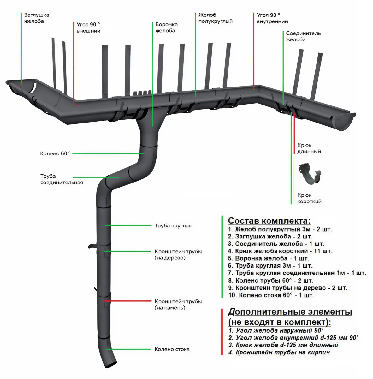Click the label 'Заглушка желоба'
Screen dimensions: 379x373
click(36, 18)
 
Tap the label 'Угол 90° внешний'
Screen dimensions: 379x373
click(88, 27)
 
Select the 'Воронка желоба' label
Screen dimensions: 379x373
click(166, 27)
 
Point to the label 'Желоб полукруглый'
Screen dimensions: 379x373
click(215, 18)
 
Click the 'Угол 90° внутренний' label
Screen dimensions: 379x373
click(272, 18)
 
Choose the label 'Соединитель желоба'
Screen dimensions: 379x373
click(303, 36)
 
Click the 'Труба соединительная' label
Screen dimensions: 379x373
click(61, 179)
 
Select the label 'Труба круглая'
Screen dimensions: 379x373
click(173, 226)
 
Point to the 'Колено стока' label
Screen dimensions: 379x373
click(172, 349)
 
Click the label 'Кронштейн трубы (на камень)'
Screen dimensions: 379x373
click(178, 304)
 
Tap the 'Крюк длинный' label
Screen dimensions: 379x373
click(309, 148)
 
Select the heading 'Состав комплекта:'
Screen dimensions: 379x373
click(269, 220)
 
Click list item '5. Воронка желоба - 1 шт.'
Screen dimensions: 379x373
click(268, 258)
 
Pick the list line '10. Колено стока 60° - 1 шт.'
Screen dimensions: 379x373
click(271, 295)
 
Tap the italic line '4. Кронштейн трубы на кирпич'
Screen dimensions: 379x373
click(279, 352)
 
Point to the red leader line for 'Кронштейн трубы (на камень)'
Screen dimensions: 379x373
click(128, 301)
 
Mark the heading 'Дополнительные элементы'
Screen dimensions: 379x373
click(290, 312)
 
